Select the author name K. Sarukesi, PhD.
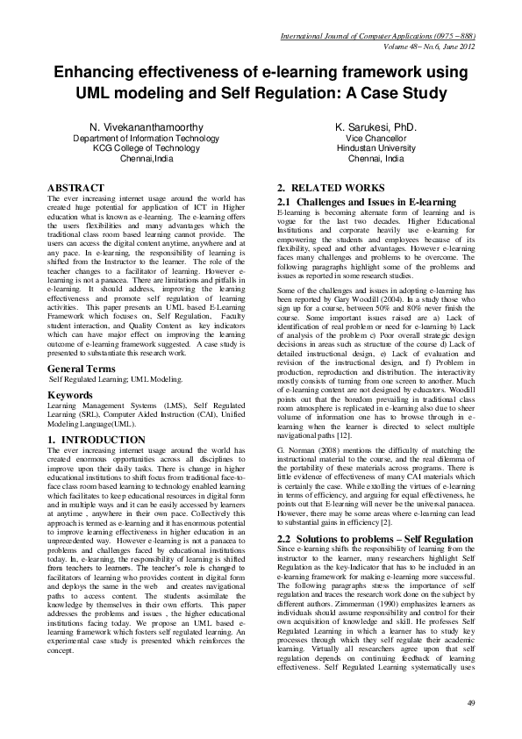tap(375, 127)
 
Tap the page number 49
tap(471, 702)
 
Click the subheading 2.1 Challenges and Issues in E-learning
tap(366, 203)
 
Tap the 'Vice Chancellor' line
tap(375, 139)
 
